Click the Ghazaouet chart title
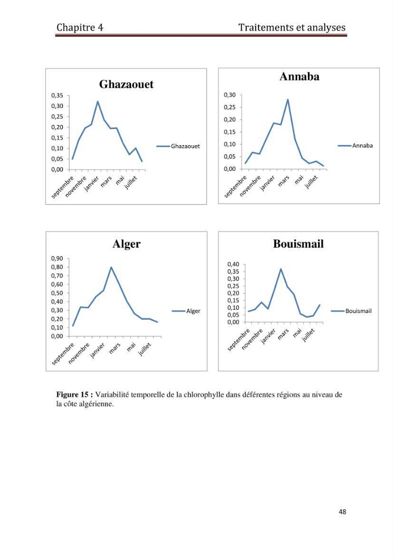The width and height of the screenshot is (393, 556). pos(126,84)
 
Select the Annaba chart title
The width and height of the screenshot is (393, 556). pos(299,76)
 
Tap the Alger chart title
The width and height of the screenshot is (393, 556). pos(127,244)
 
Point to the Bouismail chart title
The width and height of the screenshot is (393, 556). pos(298,244)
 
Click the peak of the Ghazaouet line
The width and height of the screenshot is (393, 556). pos(98,101)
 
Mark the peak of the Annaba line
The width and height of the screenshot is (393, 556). pos(288,100)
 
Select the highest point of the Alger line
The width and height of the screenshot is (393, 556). pos(111,267)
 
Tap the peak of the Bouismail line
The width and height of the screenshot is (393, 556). pos(281,269)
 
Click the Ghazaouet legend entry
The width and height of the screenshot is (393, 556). pos(178,146)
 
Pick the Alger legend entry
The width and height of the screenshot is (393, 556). pos(186,311)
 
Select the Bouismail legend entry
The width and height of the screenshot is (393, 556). pos(351,311)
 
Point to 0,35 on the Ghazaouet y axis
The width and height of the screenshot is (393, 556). pos(57,96)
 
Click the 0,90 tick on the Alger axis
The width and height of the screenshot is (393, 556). pos(57,259)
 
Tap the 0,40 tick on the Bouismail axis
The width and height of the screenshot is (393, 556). pos(233,264)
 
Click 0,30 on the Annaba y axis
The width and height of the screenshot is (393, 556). pos(230,95)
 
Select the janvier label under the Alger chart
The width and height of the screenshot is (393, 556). pos(97,350)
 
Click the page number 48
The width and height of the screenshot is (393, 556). pos(342,512)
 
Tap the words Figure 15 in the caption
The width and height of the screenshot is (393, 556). pos(72,395)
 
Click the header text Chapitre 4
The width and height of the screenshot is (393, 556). pos(79,28)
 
